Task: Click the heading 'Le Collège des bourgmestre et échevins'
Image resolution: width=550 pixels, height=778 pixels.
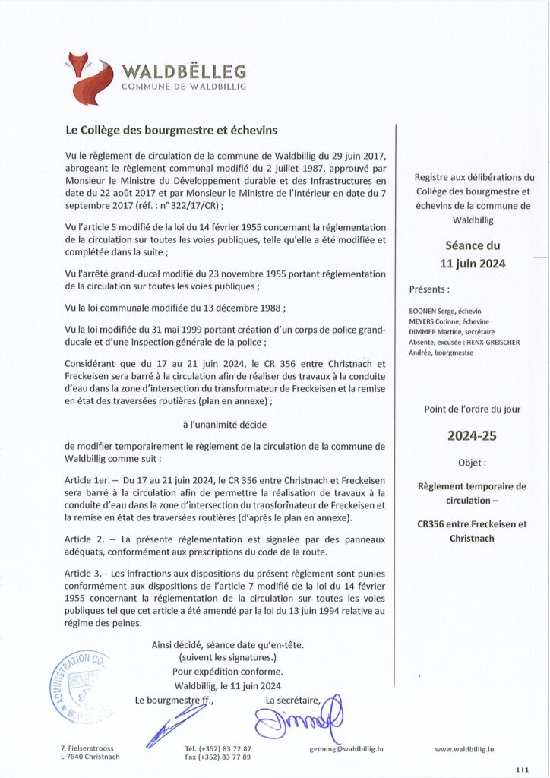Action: (172, 131)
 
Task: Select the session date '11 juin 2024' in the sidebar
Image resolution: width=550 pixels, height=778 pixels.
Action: (472, 264)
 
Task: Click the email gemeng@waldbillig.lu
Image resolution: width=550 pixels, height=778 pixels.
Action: (346, 748)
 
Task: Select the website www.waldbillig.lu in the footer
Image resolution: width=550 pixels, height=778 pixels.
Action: (464, 748)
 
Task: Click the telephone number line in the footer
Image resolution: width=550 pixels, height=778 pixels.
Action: (218, 748)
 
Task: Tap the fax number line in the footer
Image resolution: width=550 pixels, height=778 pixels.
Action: (218, 757)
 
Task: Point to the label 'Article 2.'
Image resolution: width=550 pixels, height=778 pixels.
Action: (85, 539)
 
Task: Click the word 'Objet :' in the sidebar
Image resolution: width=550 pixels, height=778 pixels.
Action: (472, 462)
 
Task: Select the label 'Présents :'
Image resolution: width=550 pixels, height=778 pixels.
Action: (429, 289)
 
